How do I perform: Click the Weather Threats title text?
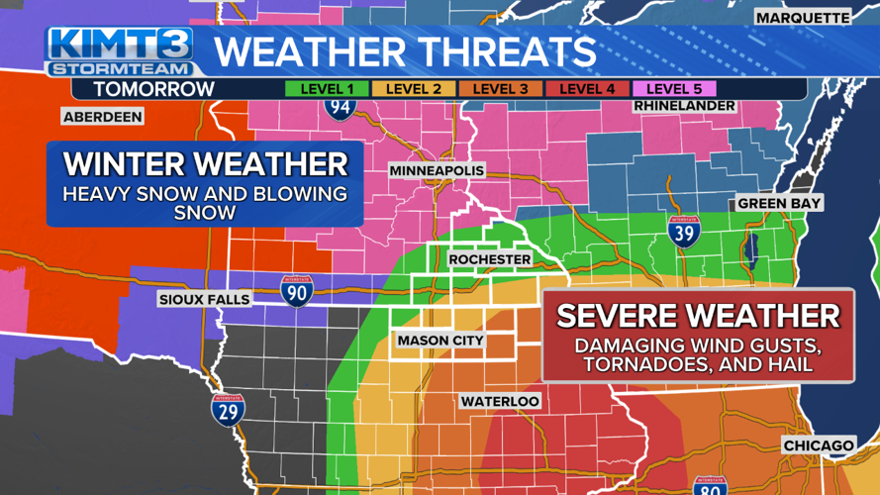(406, 51)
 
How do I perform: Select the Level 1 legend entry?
(327, 89)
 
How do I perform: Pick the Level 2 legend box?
(413, 89)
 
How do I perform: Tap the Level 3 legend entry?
(500, 89)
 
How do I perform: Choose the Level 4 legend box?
(587, 89)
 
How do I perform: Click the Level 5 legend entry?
(674, 89)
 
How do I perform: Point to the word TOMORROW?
(153, 89)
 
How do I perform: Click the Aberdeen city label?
(102, 117)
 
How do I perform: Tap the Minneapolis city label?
(437, 171)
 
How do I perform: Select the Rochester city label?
(489, 259)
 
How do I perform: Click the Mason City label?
(440, 341)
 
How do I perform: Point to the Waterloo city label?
(499, 401)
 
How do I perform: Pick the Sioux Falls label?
(204, 299)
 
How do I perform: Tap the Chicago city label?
(818, 445)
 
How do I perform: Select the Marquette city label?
(803, 18)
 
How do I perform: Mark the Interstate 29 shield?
(228, 409)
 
